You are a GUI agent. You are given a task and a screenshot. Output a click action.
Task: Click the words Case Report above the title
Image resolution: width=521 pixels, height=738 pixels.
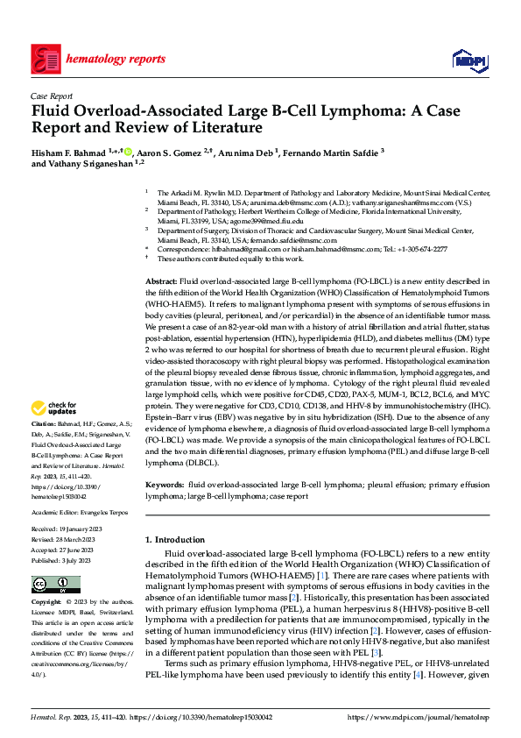[52, 96]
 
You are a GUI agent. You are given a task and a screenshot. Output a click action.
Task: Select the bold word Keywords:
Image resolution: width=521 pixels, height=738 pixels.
[165, 484]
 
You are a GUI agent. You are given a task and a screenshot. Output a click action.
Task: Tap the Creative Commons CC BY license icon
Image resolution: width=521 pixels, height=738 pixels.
[56, 585]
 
